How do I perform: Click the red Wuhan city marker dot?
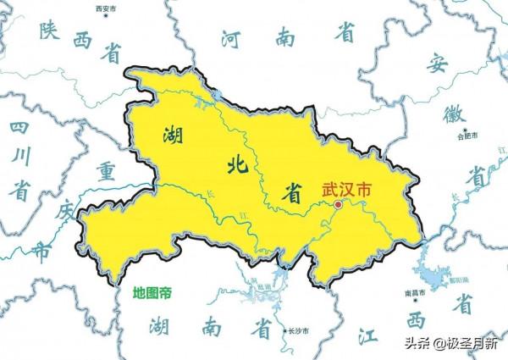tap(338, 204)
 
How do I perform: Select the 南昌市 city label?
tap(414, 292)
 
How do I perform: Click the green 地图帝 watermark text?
tap(152, 293)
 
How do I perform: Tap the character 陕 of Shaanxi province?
tap(49, 33)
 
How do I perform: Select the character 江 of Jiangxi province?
tap(366, 336)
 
